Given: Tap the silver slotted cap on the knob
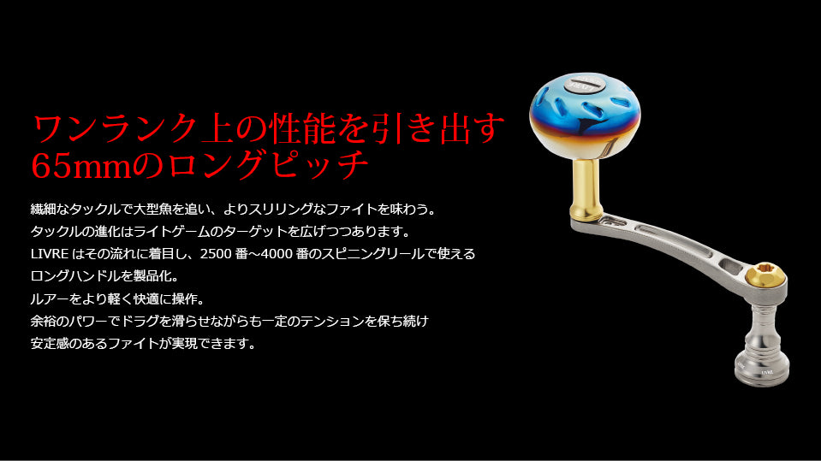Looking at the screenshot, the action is [586, 83].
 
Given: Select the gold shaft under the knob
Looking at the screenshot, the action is [586, 188].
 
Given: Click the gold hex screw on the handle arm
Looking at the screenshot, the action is [764, 275].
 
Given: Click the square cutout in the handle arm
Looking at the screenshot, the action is [730, 265].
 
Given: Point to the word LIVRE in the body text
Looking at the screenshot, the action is [49, 254].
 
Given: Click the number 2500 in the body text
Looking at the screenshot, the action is [217, 254].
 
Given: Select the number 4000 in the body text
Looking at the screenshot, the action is [276, 254].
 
